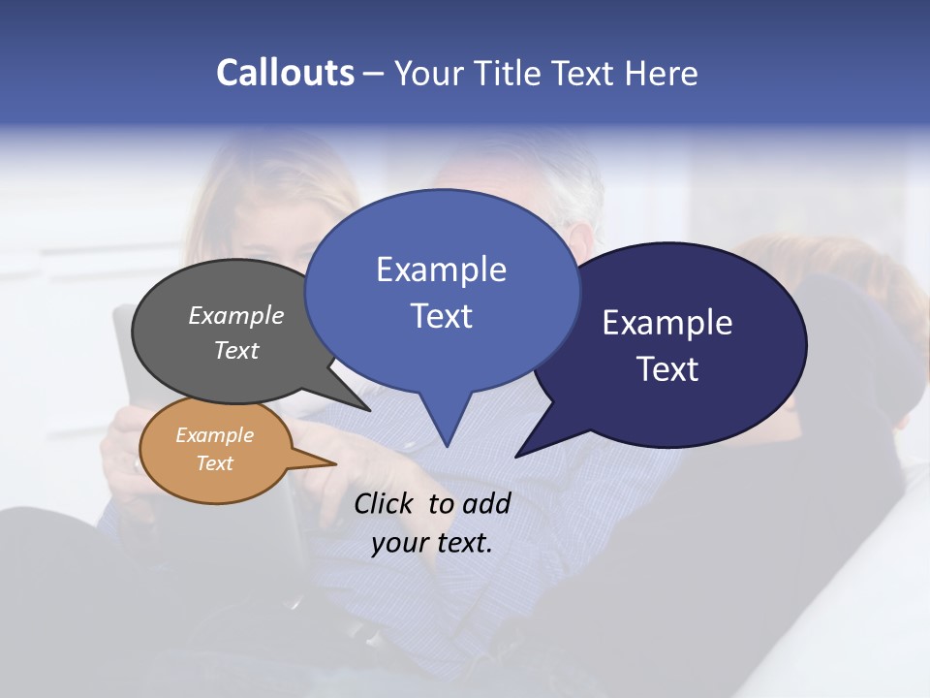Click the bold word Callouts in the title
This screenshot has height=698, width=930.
click(x=285, y=73)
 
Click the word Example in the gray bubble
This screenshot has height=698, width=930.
click(x=236, y=315)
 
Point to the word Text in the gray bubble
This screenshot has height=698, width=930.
click(x=236, y=350)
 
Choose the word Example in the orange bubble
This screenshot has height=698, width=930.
click(x=215, y=435)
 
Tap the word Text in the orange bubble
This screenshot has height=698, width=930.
click(x=215, y=463)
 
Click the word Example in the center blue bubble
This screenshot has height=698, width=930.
click(x=442, y=270)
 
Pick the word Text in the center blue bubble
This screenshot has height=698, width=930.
click(x=442, y=316)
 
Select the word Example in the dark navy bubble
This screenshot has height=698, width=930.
click(x=667, y=323)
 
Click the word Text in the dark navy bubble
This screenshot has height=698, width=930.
click(x=667, y=369)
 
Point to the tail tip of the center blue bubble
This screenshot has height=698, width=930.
click(x=447, y=444)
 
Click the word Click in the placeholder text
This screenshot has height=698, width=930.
click(x=384, y=503)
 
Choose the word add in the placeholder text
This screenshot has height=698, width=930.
click(x=486, y=503)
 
